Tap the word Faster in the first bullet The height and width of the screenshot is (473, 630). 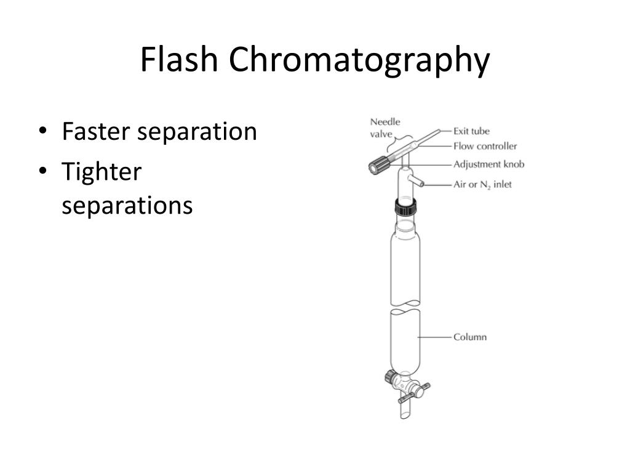95,131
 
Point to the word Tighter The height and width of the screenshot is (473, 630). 102,172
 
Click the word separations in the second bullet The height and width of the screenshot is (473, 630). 127,206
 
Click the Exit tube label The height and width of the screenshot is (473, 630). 471,131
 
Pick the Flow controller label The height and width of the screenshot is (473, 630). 485,147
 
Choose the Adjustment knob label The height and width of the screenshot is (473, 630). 488,164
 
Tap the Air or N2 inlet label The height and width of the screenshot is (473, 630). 482,184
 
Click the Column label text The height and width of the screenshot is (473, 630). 470,337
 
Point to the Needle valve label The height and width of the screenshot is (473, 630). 385,127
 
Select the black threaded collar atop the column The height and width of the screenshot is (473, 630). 405,208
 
